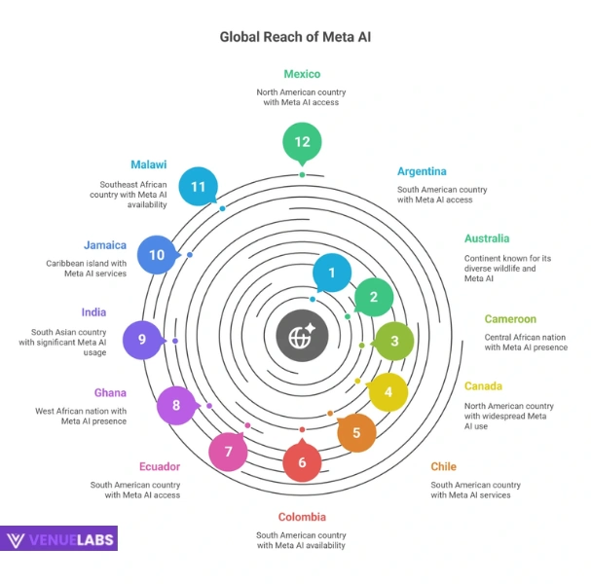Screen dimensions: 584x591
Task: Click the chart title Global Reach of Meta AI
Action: coord(295,37)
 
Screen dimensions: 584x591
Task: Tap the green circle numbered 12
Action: coord(302,142)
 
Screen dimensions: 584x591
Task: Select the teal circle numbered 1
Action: coord(332,274)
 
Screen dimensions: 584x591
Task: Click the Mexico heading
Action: coord(302,74)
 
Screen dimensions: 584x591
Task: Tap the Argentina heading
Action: coord(422,171)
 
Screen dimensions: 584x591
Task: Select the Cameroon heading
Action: coord(510,319)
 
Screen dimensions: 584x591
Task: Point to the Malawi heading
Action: coord(148,164)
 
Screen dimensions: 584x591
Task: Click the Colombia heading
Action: coord(302,517)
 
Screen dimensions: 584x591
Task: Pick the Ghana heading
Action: coord(110,393)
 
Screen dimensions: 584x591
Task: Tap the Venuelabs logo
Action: coord(59,539)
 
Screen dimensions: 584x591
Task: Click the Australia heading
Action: coord(486,238)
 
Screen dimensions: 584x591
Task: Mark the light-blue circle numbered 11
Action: coord(199,185)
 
